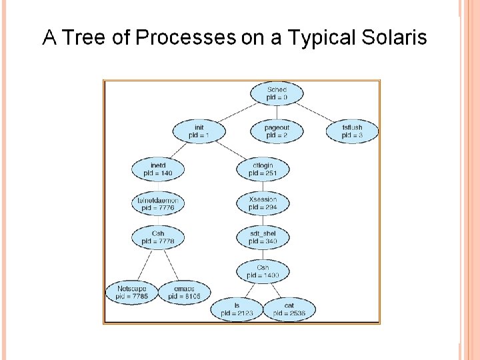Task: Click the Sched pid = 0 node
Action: [277, 93]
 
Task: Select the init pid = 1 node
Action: [199, 131]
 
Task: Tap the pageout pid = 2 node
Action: [277, 131]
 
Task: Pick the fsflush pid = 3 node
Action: [352, 131]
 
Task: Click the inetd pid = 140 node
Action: [158, 169]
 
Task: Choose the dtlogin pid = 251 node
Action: [263, 169]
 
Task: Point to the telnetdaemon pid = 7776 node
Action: [158, 204]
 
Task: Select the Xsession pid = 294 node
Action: [263, 203]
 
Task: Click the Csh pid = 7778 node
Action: [158, 237]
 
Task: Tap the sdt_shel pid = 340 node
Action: [263, 237]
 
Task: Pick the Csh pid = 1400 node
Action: [263, 271]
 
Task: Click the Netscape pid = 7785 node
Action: [131, 292]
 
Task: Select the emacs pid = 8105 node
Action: [184, 292]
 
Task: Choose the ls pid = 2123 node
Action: [236, 309]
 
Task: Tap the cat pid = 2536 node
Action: [289, 309]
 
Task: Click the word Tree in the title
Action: [85, 38]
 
